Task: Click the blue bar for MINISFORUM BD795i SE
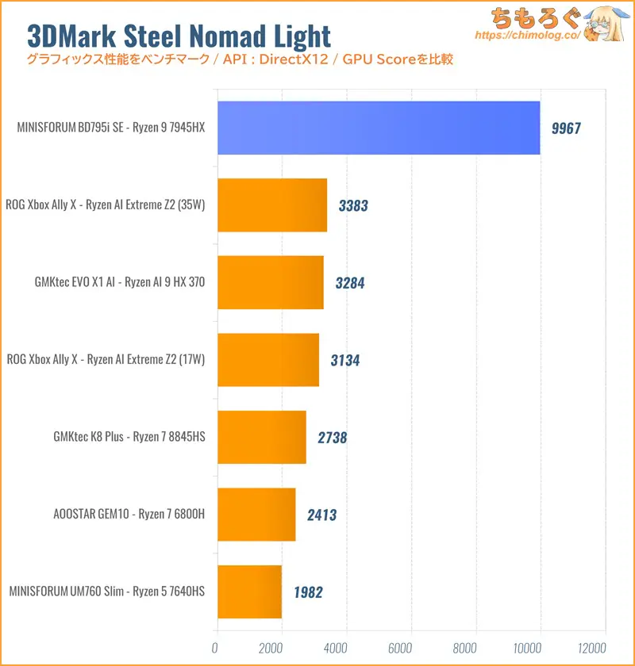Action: pyautogui.click(x=378, y=128)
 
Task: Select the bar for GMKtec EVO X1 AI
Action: pyautogui.click(x=270, y=282)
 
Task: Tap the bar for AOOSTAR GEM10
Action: pyautogui.click(x=256, y=515)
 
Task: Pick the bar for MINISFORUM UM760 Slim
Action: pyautogui.click(x=248, y=591)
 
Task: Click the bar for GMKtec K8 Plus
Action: pyautogui.click(x=261, y=437)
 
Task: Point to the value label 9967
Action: pyautogui.click(x=566, y=128)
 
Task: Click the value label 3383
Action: pyautogui.click(x=352, y=206)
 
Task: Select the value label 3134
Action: pyautogui.click(x=344, y=361)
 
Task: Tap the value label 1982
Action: pyautogui.click(x=307, y=592)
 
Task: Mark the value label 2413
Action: pyautogui.click(x=321, y=515)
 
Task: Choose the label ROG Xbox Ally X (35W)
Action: pyautogui.click(x=106, y=205)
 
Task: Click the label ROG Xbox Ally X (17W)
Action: pyautogui.click(x=106, y=360)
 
